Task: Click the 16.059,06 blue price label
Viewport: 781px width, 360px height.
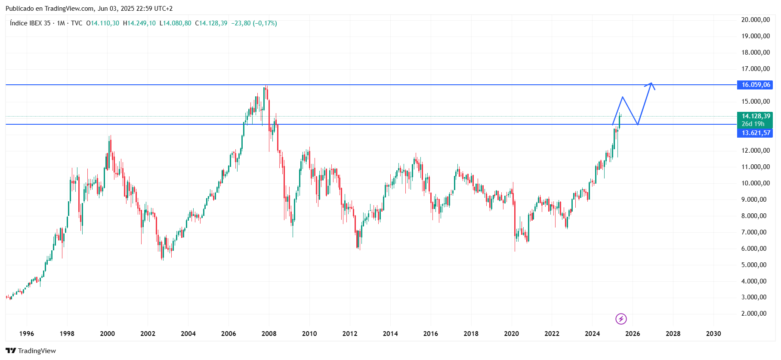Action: [x=755, y=85]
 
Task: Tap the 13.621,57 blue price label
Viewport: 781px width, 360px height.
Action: [x=755, y=133]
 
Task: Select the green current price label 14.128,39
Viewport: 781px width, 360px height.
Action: [x=756, y=116]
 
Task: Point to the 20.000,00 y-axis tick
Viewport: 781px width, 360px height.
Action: [x=755, y=20]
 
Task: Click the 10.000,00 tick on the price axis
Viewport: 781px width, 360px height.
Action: [x=755, y=183]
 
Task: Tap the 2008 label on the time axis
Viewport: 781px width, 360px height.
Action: [x=269, y=334]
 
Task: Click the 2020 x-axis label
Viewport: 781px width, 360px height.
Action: [x=511, y=334]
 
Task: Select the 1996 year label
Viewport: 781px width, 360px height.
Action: [x=27, y=334]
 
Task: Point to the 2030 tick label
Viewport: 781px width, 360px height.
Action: [x=713, y=334]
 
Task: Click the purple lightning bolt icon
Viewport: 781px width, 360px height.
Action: [x=621, y=319]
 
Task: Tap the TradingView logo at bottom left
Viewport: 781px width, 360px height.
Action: [x=31, y=351]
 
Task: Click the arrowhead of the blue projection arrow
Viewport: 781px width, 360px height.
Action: [x=651, y=83]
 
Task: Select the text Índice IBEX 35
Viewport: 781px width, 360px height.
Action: [x=30, y=23]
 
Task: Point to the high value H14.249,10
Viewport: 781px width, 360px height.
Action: [x=139, y=23]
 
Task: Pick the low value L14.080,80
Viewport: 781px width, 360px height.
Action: [x=176, y=23]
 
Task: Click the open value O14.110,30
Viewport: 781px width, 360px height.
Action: [x=103, y=23]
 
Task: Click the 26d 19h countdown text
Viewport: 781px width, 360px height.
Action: [x=753, y=124]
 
